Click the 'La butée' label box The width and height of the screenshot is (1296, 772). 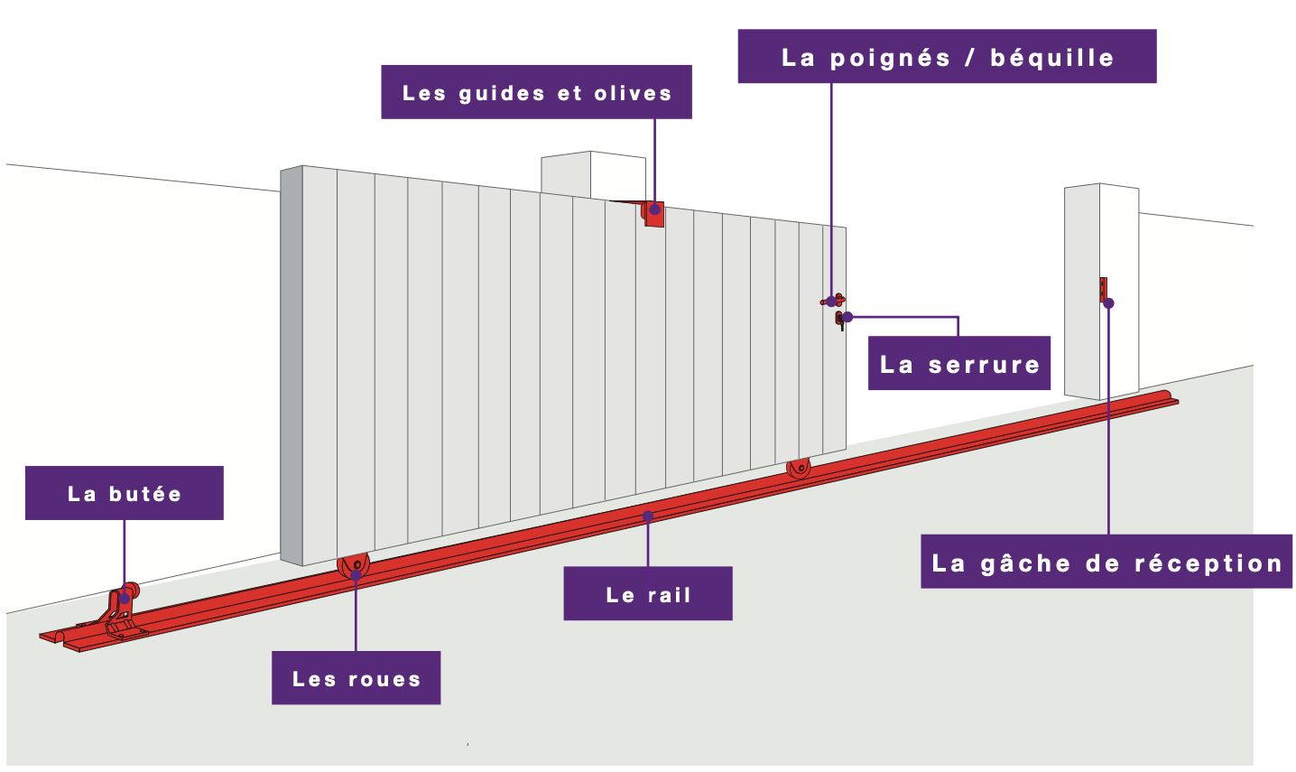pos(124,493)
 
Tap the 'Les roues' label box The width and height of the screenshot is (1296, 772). pos(356,678)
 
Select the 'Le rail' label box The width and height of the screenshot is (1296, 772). pos(647,594)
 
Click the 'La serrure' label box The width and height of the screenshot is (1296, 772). pos(958,364)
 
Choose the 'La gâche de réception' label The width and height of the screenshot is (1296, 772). pos(1106,563)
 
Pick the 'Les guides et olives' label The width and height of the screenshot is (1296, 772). pos(536,92)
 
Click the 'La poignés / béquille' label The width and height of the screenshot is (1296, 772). pos(947,57)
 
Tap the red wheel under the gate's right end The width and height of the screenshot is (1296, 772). pos(799,468)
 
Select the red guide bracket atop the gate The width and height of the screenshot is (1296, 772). pos(653,214)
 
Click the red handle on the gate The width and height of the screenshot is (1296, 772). pos(835,300)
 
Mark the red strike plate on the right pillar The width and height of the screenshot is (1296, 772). pos(1103,289)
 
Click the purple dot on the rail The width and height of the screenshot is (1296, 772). pos(647,516)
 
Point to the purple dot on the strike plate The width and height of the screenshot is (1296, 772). pos(1108,303)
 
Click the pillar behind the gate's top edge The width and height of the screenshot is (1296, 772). pos(592,173)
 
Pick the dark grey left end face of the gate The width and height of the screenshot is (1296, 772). pos(291,366)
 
